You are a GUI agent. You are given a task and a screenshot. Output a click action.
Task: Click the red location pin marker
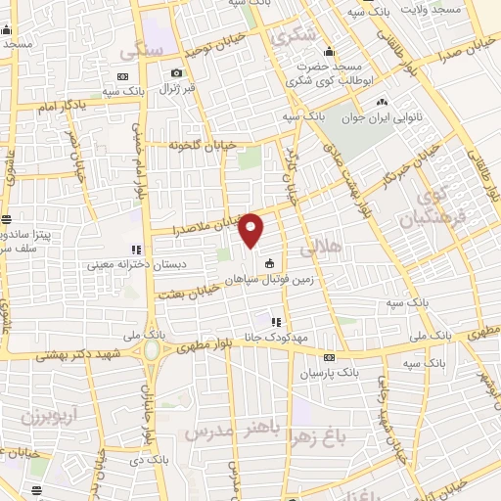tap(251, 230)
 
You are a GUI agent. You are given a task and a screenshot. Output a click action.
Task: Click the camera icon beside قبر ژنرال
tap(176, 73)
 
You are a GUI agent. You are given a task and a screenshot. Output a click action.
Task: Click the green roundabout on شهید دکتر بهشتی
tap(152, 350)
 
